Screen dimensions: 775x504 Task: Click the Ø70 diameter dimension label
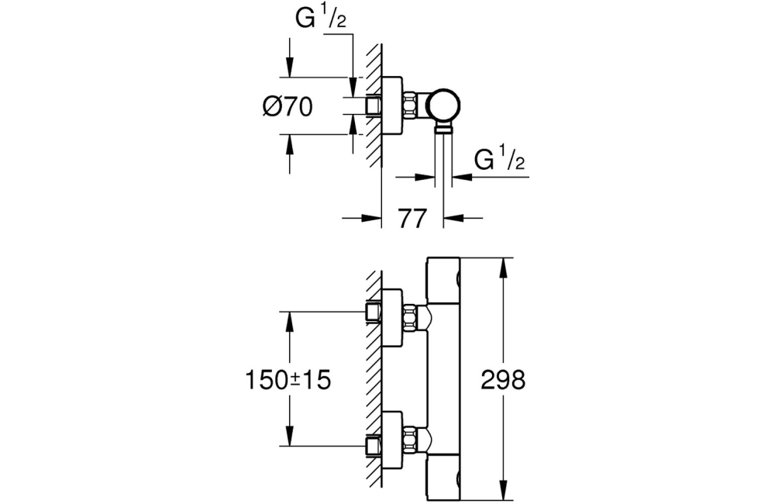pos(288,106)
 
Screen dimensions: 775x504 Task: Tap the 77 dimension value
pos(412,219)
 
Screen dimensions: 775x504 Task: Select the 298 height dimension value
pos(503,380)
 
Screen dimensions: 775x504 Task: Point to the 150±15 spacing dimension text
pos(288,380)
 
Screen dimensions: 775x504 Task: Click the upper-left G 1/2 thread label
pos(320,19)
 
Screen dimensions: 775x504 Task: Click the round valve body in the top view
pos(444,106)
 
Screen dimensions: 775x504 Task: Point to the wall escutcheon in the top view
pos(393,106)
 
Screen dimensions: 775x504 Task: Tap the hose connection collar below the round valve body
pos(444,129)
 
